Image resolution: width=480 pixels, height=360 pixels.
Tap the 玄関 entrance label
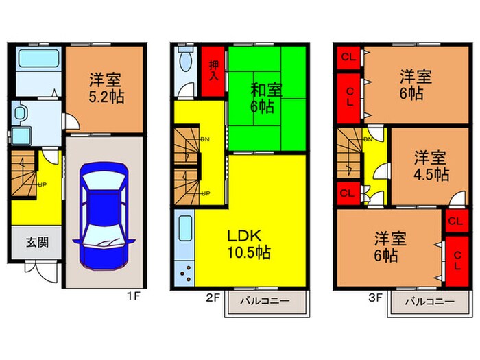37,242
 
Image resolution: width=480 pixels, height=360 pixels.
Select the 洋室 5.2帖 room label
104,88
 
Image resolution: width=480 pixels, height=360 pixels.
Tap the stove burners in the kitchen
185,274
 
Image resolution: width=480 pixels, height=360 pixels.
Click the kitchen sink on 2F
185,229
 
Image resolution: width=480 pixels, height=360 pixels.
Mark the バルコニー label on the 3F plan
429,301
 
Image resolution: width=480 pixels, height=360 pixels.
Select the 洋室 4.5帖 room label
430,166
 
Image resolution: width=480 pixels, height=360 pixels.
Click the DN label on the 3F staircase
368,139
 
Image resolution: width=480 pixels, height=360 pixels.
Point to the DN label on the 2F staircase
205,139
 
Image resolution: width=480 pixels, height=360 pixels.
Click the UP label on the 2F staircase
205,193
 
